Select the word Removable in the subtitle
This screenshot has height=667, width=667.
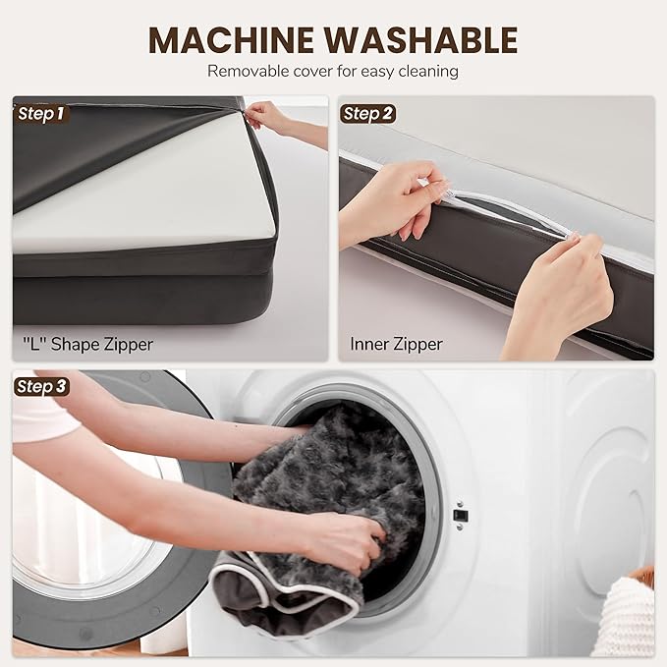248,71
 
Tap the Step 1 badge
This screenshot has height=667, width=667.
41,114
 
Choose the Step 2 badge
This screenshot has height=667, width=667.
367,114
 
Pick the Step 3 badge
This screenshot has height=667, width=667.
41,387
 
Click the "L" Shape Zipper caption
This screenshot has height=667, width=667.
87,344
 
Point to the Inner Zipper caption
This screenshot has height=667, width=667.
396,344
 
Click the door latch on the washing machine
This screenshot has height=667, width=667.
461,515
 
